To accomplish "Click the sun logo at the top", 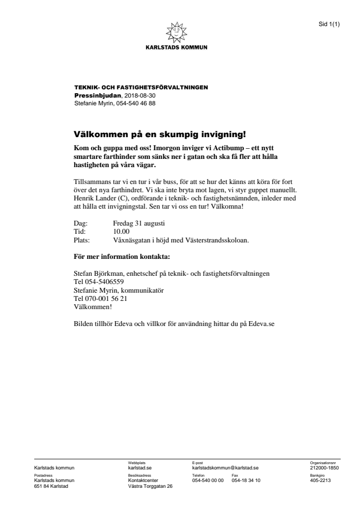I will click(177, 32).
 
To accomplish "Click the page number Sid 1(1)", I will click(329, 24).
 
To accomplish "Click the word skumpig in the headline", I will click(162, 133).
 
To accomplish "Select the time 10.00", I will click(121, 231).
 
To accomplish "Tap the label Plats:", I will click(82, 240).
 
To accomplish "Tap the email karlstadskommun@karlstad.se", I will click(225, 467).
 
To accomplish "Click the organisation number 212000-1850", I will click(324, 467).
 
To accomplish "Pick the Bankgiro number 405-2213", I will click(320, 480).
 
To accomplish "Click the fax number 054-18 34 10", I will click(246, 480).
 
